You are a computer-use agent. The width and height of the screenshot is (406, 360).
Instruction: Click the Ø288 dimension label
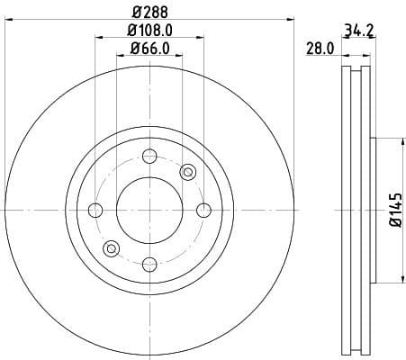[150, 13]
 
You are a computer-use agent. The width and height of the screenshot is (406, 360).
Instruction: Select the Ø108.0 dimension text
[150, 30]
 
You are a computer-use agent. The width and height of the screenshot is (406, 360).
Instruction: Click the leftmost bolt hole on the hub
[95, 211]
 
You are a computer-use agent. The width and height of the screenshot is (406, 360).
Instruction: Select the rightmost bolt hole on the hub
[203, 211]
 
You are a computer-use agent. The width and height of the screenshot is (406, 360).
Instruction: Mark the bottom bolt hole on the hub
[149, 265]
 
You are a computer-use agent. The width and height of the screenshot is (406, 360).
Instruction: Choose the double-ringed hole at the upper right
[187, 172]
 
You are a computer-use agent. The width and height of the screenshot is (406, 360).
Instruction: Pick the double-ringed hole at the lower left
[112, 248]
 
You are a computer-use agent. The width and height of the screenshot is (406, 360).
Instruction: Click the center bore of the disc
[149, 211]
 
